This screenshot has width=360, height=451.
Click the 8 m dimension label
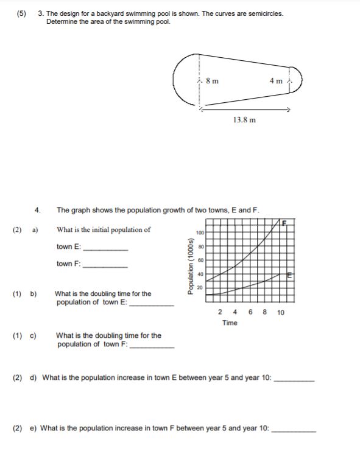(x=213, y=80)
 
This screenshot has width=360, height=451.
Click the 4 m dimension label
(x=275, y=80)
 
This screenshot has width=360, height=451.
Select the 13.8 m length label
(x=244, y=119)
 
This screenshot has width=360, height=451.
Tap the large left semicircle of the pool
(x=183, y=80)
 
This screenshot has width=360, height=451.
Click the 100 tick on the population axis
(x=200, y=232)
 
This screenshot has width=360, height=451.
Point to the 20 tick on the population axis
(x=200, y=287)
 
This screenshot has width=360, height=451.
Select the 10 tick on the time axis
(x=280, y=312)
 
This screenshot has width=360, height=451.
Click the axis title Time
(x=230, y=323)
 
